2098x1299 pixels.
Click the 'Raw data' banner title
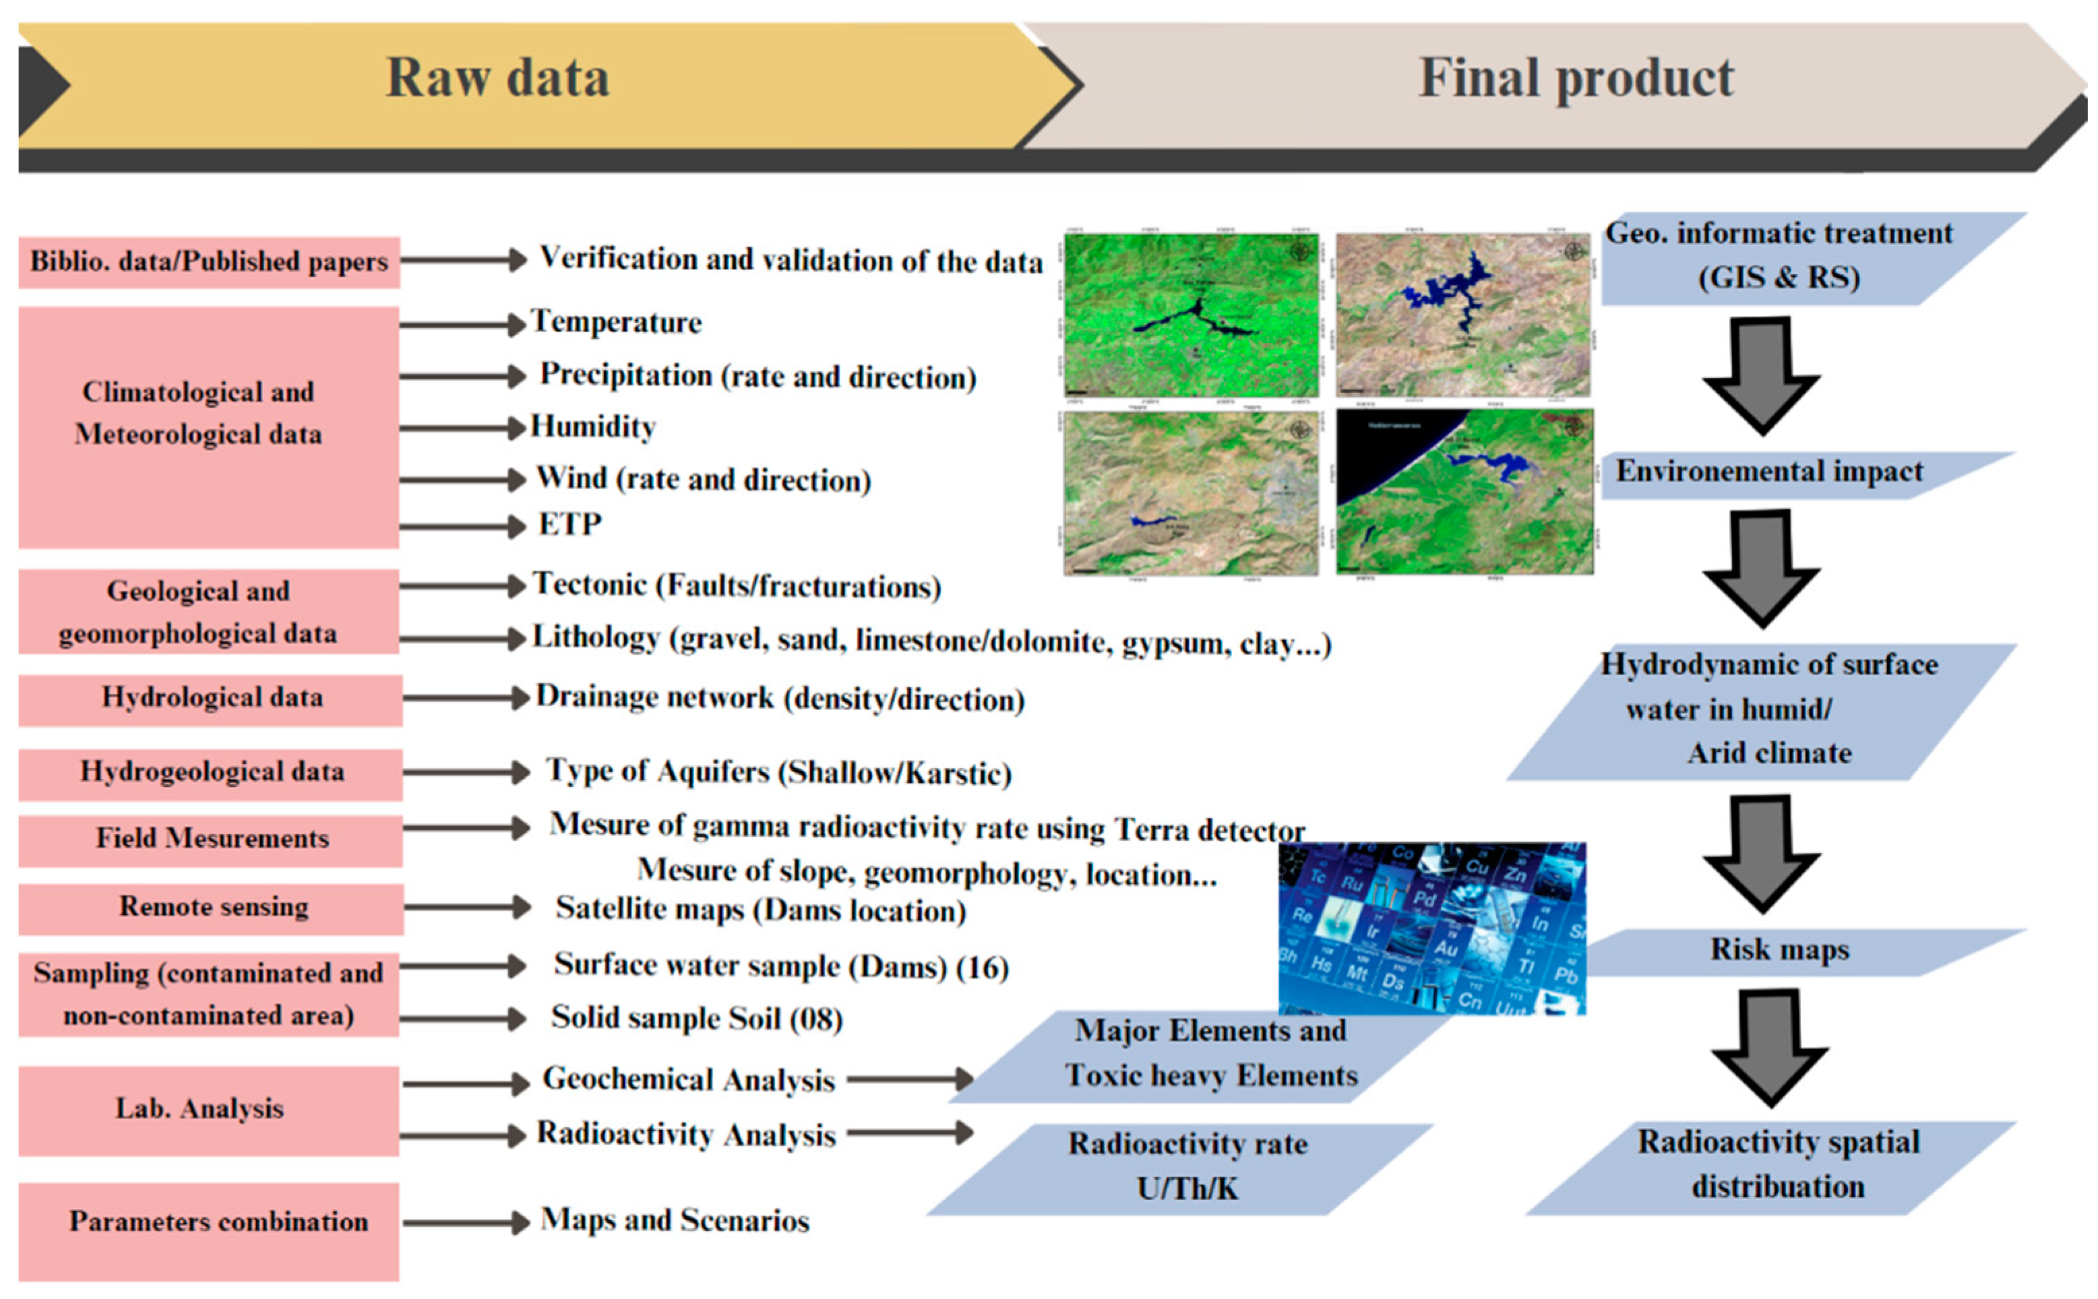[497, 78]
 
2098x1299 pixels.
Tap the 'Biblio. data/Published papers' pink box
[209, 261]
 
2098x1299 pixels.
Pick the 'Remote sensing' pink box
[212, 908]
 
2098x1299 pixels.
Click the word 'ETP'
[569, 524]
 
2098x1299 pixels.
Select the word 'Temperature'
[617, 323]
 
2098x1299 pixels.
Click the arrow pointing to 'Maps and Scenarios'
[466, 1223]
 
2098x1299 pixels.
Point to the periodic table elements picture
[1431, 928]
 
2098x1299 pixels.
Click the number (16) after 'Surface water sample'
[982, 968]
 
